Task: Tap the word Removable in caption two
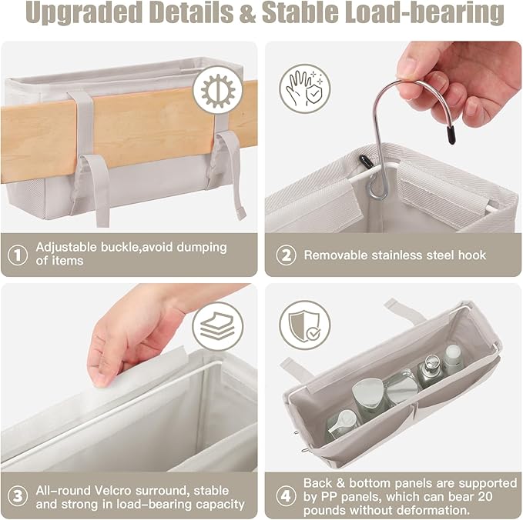[336, 255]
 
